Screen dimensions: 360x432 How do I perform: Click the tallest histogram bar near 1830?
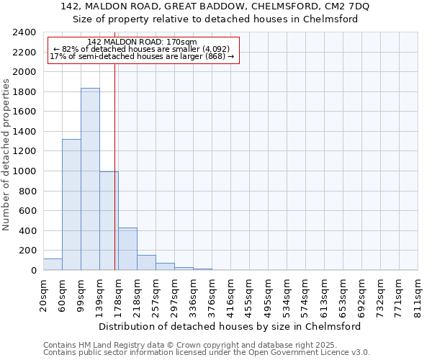click(90, 179)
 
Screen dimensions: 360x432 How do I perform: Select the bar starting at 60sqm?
click(71, 204)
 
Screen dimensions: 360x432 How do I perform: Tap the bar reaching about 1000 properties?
click(109, 220)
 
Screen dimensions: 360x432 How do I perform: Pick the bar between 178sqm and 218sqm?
click(127, 249)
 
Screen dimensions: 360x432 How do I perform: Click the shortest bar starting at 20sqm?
click(53, 264)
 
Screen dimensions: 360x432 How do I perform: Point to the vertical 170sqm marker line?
click(114, 166)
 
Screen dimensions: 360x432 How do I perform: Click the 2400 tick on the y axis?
click(24, 32)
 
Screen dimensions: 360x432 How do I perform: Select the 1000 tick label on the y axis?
click(24, 171)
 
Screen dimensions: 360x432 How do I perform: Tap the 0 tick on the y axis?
click(32, 271)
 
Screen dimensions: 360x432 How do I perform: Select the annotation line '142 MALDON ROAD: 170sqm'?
click(140, 42)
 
